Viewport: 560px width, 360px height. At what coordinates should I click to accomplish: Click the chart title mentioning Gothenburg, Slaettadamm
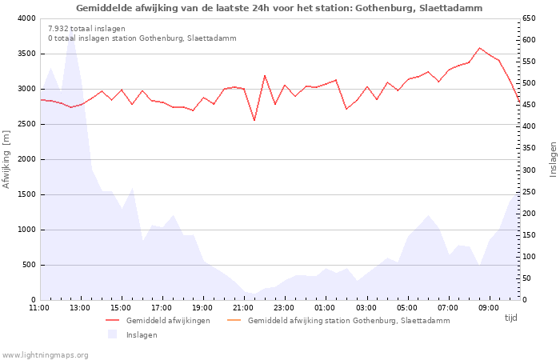tap(279, 8)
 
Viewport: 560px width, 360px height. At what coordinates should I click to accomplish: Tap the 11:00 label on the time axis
tap(39, 307)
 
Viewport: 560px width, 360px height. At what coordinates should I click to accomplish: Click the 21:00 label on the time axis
tap(244, 307)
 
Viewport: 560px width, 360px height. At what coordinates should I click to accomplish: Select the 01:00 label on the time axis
tap(326, 307)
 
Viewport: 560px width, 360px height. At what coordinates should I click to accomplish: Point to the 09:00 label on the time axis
tap(489, 307)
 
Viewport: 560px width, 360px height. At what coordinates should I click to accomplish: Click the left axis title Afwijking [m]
tap(7, 159)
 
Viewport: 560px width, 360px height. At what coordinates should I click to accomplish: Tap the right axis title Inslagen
tap(552, 159)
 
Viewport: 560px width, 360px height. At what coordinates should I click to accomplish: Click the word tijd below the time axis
tap(510, 318)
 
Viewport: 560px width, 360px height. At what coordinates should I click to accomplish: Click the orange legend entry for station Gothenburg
tap(348, 320)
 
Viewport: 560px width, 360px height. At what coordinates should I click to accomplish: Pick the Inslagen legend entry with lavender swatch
tap(142, 334)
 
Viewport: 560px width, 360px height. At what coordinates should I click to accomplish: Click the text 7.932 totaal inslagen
tap(86, 29)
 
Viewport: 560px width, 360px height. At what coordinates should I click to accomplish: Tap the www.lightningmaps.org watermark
tap(45, 354)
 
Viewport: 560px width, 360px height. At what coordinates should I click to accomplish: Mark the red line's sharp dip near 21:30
tap(254, 120)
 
